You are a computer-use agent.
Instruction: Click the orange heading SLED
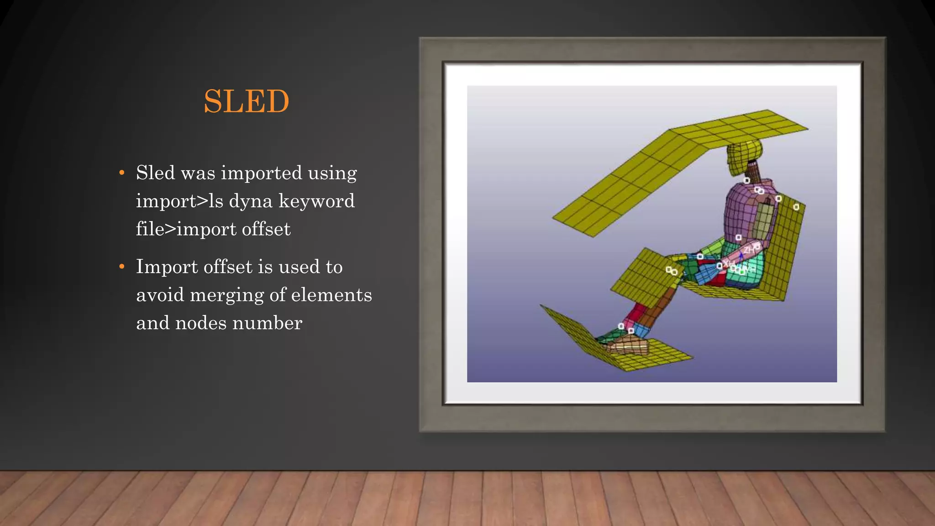point(246,101)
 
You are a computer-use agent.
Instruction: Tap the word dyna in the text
point(251,201)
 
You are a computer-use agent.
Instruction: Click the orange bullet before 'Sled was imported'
point(121,173)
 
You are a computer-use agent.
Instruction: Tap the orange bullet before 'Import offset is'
point(121,267)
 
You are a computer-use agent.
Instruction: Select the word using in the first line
point(332,173)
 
